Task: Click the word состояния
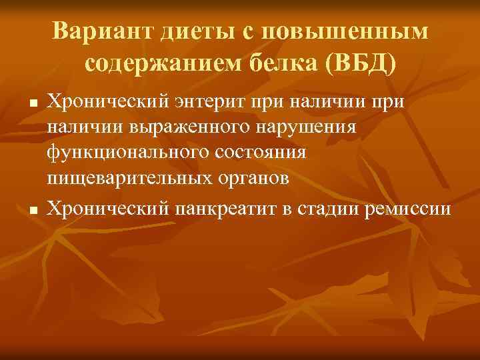pyautogui.click(x=262, y=151)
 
